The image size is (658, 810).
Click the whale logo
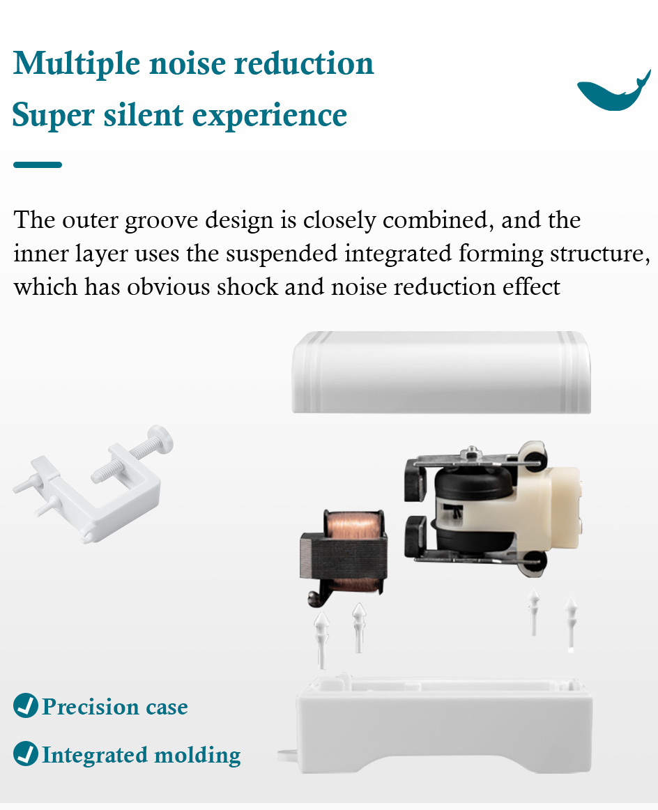click(x=613, y=93)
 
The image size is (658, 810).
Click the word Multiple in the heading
click(x=77, y=64)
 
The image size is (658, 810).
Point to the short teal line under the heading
click(x=38, y=165)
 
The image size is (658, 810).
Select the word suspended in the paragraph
click(x=282, y=254)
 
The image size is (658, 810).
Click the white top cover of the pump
click(x=441, y=372)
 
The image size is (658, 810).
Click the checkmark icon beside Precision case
click(x=26, y=705)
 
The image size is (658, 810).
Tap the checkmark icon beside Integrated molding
click(x=26, y=754)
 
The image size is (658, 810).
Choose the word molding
click(x=197, y=755)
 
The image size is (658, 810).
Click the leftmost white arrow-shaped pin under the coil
click(x=322, y=639)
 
